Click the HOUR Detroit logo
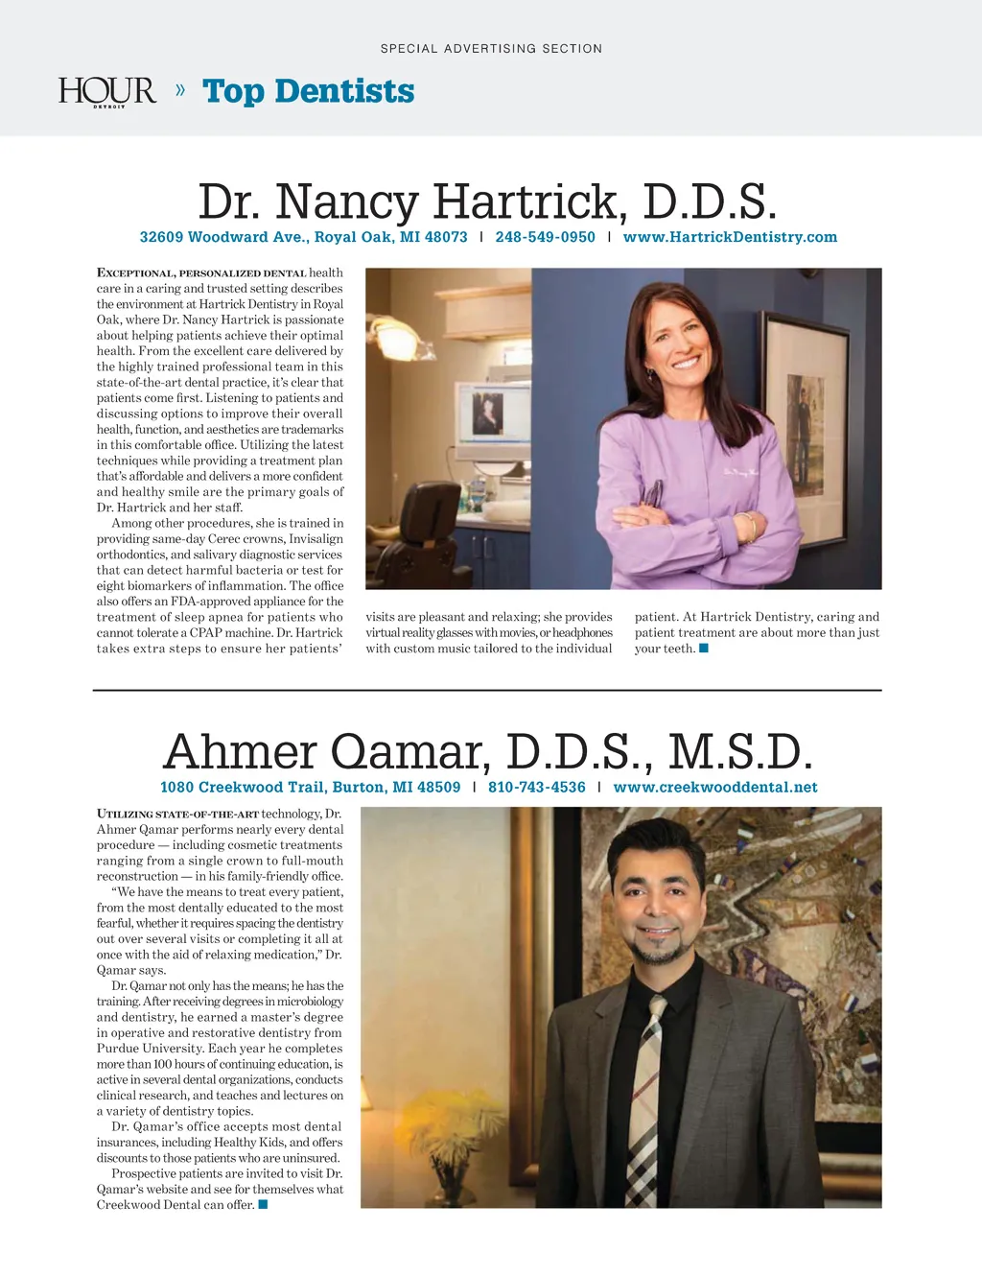pyautogui.click(x=106, y=92)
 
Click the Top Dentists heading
pyautogui.click(x=309, y=91)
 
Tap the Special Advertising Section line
pyautogui.click(x=491, y=48)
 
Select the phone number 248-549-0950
pyautogui.click(x=545, y=237)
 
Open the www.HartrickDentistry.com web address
pyautogui.click(x=730, y=237)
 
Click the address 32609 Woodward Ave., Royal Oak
pyautogui.click(x=303, y=237)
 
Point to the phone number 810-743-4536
pyautogui.click(x=536, y=788)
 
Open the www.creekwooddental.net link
pyautogui.click(x=715, y=788)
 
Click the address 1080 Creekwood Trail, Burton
pyautogui.click(x=310, y=788)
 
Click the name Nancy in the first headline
pyautogui.click(x=348, y=202)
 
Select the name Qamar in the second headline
pyautogui.click(x=410, y=752)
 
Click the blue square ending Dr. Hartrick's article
pyautogui.click(x=704, y=649)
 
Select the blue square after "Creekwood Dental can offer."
pyautogui.click(x=263, y=1205)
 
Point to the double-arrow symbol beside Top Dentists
pyautogui.click(x=180, y=90)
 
